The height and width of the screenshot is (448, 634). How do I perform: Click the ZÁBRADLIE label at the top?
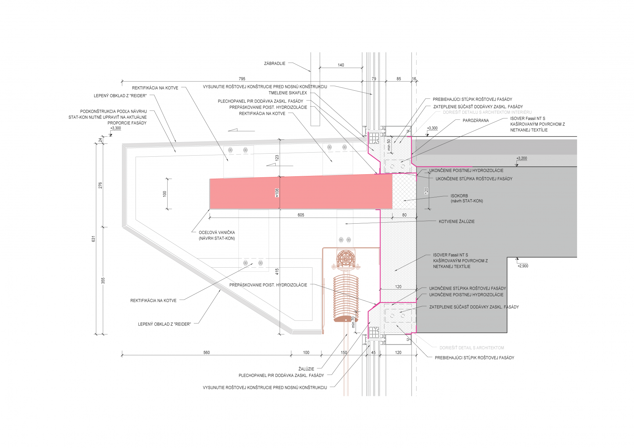click(x=274, y=63)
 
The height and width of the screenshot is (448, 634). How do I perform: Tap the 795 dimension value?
click(x=242, y=79)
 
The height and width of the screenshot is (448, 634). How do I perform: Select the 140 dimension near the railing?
click(x=341, y=65)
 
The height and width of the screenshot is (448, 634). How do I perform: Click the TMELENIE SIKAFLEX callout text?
click(x=288, y=93)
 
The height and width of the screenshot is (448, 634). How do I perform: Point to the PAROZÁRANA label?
click(x=475, y=120)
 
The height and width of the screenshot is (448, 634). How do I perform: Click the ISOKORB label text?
click(x=459, y=196)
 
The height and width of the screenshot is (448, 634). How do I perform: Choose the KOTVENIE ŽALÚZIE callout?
click(x=457, y=222)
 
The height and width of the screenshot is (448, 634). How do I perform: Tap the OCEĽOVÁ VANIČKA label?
click(x=217, y=233)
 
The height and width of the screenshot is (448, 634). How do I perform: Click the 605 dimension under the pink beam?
click(x=301, y=215)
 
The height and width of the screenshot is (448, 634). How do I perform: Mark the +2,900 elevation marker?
click(x=523, y=266)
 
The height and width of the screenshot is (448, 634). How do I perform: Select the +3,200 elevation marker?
click(x=522, y=158)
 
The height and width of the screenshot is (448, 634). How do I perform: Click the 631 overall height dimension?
click(x=94, y=239)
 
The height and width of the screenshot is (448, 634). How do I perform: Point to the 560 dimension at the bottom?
click(x=207, y=353)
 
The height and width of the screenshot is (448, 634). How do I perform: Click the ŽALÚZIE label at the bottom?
click(x=306, y=369)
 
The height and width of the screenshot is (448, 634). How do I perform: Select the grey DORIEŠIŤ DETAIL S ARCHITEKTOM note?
click(x=471, y=348)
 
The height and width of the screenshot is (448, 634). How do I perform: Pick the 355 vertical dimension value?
click(x=103, y=281)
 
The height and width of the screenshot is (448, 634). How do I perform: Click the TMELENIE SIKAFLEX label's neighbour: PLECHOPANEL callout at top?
click(x=260, y=101)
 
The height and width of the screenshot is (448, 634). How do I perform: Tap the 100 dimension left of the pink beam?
click(x=165, y=194)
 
